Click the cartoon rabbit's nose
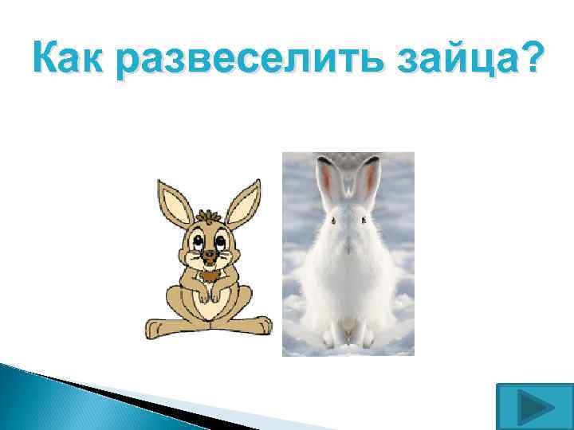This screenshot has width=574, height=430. (208, 256)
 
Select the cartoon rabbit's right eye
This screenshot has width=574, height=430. (218, 240)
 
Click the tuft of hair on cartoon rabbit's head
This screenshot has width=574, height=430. (209, 217)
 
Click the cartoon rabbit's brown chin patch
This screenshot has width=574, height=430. (209, 275)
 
